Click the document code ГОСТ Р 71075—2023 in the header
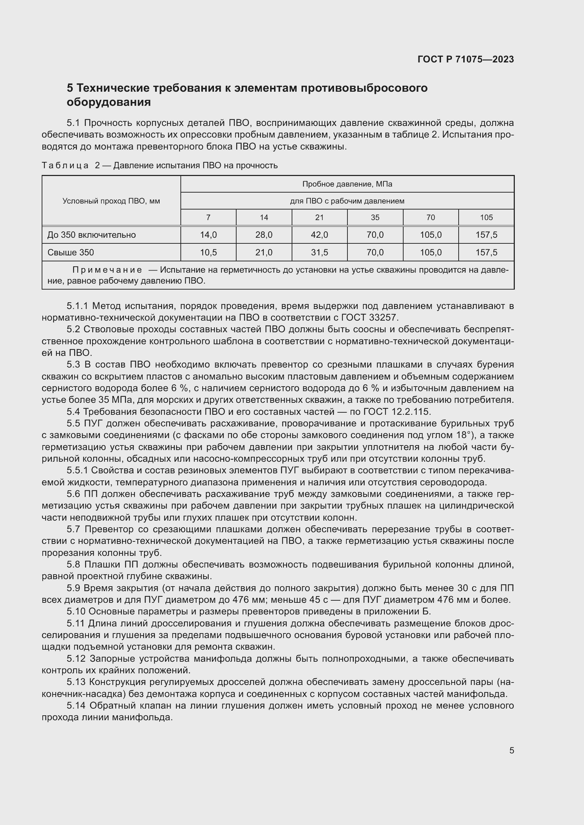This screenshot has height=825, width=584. [466, 60]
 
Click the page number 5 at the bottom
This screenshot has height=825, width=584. [511, 751]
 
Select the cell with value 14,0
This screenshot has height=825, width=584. [208, 235]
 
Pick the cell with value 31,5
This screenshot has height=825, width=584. [319, 253]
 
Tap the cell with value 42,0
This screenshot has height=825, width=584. [319, 235]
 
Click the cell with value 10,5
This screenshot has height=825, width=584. [208, 253]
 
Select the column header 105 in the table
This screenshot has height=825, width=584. [486, 217]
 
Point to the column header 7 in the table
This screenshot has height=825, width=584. [208, 217]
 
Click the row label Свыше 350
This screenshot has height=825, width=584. [71, 253]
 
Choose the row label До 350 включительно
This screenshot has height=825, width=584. [91, 235]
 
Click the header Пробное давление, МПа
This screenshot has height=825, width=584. [347, 184]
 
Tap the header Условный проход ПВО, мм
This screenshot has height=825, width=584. [111, 201]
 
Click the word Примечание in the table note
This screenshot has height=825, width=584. [107, 270]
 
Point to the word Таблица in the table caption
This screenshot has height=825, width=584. [65, 166]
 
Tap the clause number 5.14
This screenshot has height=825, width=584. [76, 706]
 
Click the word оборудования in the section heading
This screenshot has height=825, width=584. [109, 102]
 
